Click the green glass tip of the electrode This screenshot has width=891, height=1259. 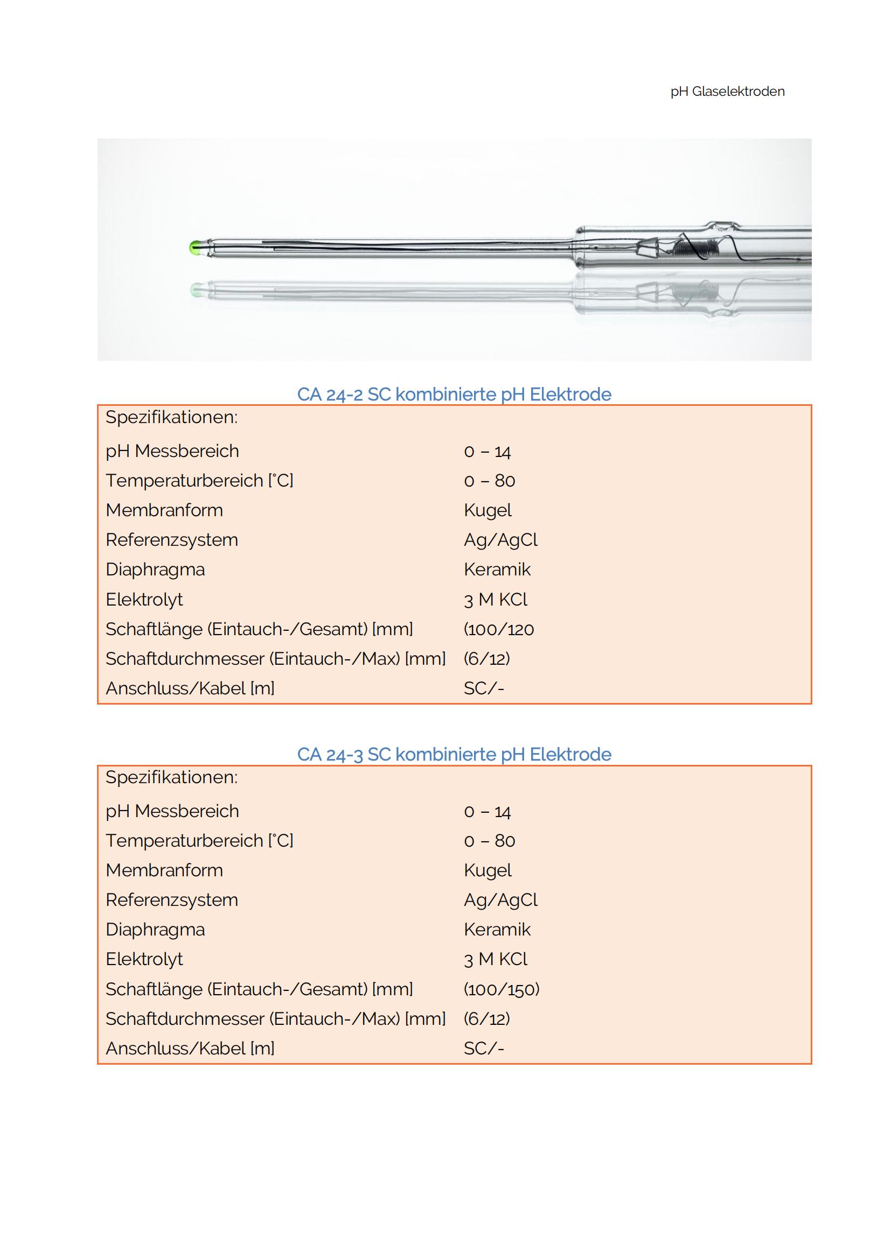click(194, 247)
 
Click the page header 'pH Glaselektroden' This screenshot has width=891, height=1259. click(727, 92)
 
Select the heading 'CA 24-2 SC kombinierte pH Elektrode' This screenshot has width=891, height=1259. click(454, 394)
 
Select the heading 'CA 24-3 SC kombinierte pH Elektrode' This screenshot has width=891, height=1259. click(454, 755)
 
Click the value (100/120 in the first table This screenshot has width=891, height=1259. click(498, 629)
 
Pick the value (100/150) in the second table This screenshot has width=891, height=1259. click(501, 989)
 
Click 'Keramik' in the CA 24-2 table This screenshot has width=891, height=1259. click(497, 569)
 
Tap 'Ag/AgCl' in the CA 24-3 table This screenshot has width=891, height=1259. click(500, 900)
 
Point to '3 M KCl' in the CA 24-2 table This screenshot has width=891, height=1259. click(495, 599)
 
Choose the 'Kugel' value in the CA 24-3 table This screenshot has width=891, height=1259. click(487, 870)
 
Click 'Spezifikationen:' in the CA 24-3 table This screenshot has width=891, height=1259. click(171, 778)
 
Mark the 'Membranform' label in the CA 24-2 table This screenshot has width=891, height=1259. click(164, 510)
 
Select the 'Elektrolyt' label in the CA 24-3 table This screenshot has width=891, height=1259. click(144, 959)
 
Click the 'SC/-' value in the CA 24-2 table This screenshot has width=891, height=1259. click(483, 688)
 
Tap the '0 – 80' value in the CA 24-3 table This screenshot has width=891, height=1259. click(489, 841)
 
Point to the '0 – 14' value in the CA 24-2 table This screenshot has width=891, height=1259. click(486, 451)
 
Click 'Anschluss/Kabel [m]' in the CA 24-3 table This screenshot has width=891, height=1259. click(190, 1049)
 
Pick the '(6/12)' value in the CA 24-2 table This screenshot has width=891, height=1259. click(486, 658)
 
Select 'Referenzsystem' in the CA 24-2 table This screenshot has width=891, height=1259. click(172, 540)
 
